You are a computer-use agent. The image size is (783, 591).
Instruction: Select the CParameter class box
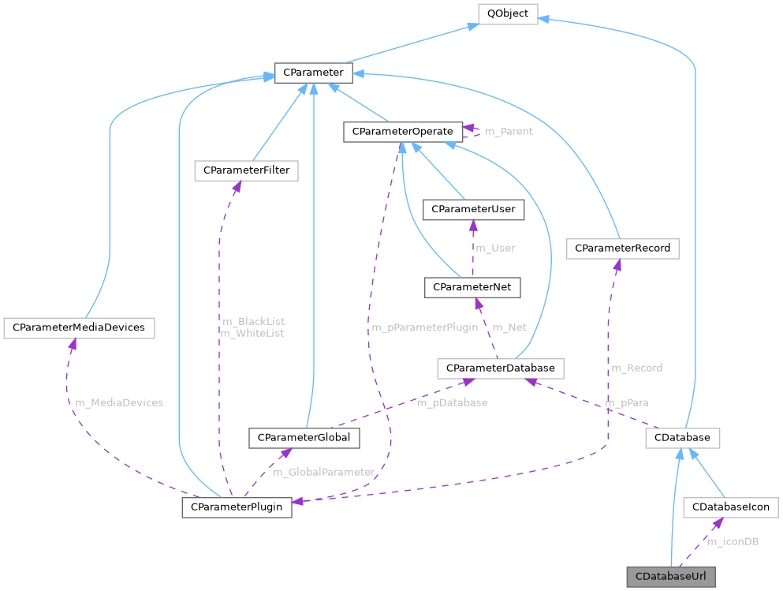coord(313,73)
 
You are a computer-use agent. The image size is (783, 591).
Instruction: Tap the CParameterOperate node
coord(402,131)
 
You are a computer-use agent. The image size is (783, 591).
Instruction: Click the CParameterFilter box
coord(246,170)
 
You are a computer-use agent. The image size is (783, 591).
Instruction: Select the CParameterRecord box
coord(622,249)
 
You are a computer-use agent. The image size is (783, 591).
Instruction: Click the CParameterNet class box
coord(472,288)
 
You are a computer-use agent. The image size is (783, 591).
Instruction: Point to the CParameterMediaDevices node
coord(79,327)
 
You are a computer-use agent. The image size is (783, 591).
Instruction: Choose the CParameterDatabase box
coord(501,368)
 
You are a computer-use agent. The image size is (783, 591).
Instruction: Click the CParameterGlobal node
coord(304,437)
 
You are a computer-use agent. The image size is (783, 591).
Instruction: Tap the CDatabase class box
coord(682,437)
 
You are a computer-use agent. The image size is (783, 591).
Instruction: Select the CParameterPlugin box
coord(237,507)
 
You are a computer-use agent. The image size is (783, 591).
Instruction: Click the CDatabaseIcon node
coord(730,507)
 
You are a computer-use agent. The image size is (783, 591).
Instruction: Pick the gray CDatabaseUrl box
coord(671,577)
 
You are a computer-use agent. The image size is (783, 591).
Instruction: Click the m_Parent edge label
coord(508,131)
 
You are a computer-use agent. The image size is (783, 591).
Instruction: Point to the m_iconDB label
coord(733,541)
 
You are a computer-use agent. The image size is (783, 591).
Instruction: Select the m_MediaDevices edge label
coord(119,402)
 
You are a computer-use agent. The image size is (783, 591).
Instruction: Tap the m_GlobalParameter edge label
coord(324,472)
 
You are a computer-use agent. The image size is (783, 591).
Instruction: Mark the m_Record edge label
coord(636,368)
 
